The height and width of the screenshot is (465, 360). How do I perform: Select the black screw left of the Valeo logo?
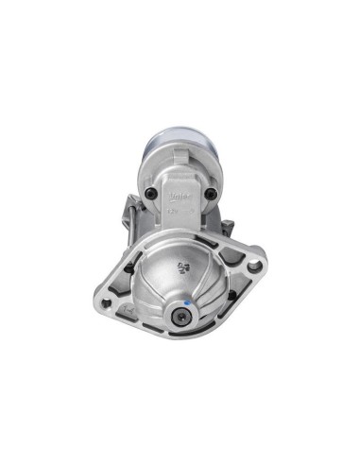click(151, 196)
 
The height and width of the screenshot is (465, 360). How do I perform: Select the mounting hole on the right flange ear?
click(253, 267)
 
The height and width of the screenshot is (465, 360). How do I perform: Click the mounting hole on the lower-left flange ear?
click(106, 303)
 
